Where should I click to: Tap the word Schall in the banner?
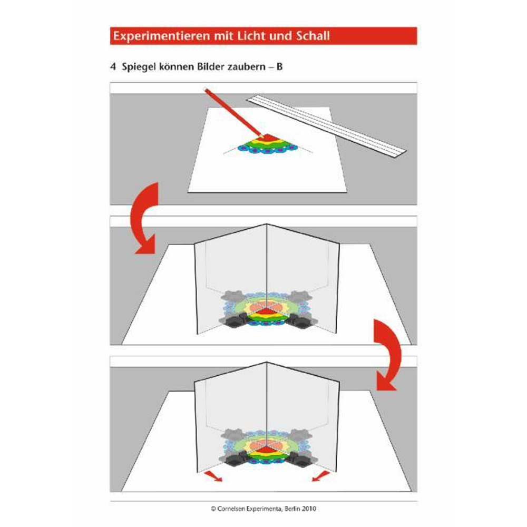pyautogui.click(x=313, y=36)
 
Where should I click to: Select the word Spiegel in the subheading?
pyautogui.click(x=139, y=67)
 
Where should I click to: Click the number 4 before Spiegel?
pyautogui.click(x=113, y=66)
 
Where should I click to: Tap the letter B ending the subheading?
pyautogui.click(x=279, y=66)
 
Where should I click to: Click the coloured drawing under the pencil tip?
pyautogui.click(x=268, y=145)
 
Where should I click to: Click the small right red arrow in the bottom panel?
pyautogui.click(x=320, y=476)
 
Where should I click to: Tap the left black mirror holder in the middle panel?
pyautogui.click(x=235, y=320)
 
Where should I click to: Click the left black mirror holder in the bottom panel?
pyautogui.click(x=235, y=459)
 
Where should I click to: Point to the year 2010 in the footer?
pyautogui.click(x=309, y=509)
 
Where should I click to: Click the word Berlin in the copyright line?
pyautogui.click(x=292, y=509)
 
